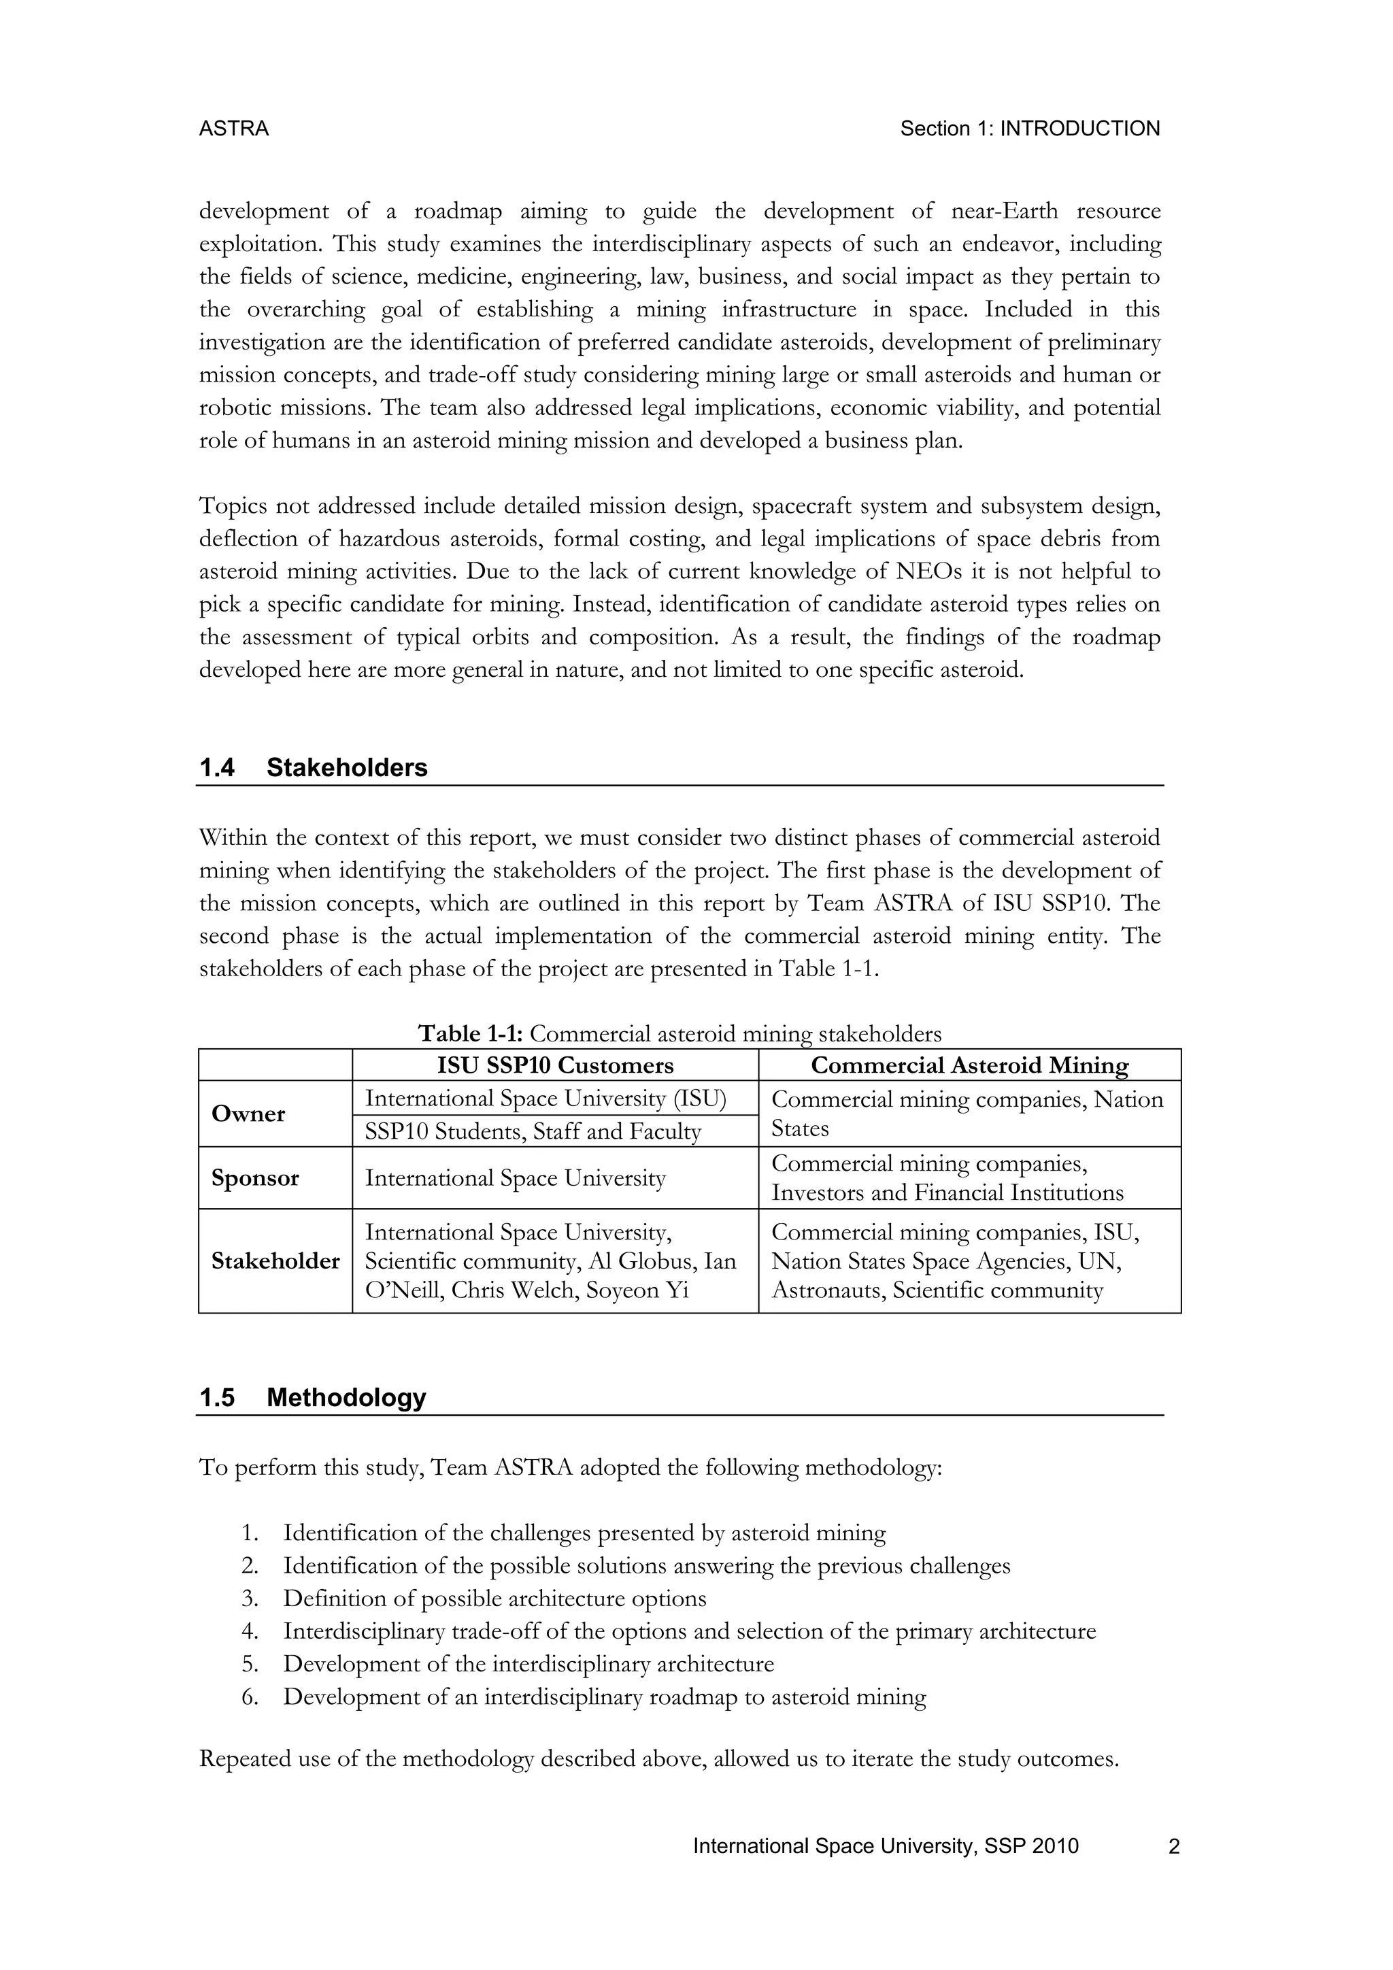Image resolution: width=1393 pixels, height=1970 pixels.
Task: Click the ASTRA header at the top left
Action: [233, 129]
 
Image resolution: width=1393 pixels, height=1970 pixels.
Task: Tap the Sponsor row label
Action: [255, 1178]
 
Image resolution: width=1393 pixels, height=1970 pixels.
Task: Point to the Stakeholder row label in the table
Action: [275, 1261]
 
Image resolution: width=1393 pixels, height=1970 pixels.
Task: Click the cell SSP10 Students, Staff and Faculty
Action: [533, 1131]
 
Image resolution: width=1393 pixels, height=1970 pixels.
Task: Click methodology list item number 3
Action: [494, 1599]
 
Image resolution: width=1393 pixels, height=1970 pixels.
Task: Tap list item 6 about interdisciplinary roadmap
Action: [604, 1697]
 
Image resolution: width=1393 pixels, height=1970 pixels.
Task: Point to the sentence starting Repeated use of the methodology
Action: [659, 1759]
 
